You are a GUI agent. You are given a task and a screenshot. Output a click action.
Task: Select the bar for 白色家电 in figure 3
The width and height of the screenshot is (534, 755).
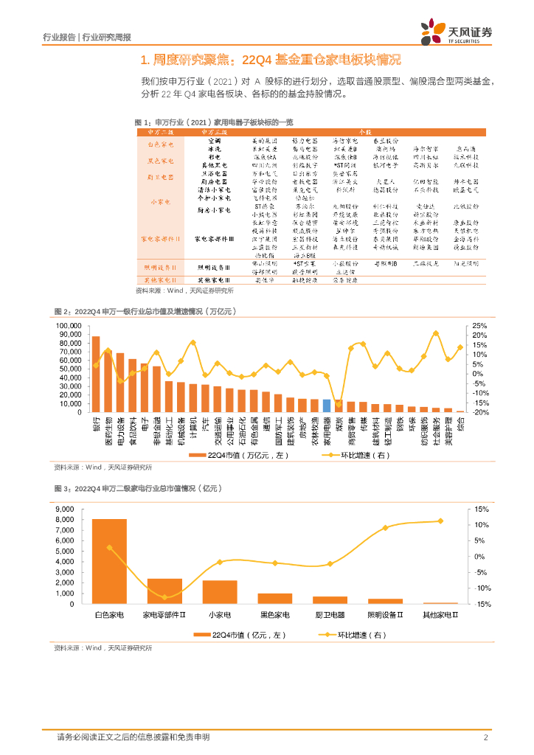pyautogui.click(x=109, y=561)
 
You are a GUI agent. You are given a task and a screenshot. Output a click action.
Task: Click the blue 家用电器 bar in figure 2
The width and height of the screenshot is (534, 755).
pyautogui.click(x=327, y=406)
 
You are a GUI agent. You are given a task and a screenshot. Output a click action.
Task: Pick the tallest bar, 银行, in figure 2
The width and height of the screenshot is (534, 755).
pyautogui.click(x=96, y=374)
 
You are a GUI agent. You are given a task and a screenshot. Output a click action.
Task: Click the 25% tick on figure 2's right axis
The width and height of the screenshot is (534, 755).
pyautogui.click(x=479, y=325)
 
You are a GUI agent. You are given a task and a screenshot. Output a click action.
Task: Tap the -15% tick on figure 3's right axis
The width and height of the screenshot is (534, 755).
pyautogui.click(x=479, y=605)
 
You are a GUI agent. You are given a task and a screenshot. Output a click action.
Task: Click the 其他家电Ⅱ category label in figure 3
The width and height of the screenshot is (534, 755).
pyautogui.click(x=440, y=615)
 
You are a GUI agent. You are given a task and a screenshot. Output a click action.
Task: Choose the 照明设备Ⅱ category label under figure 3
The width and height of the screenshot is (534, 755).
pyautogui.click(x=385, y=615)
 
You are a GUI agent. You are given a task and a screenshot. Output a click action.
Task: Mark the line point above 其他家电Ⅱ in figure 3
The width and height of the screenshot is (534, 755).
pyautogui.click(x=441, y=521)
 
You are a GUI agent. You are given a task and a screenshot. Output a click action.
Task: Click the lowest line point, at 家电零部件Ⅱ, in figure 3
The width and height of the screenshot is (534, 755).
pyautogui.click(x=164, y=597)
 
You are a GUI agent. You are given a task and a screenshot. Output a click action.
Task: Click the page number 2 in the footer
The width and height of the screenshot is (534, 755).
pyautogui.click(x=486, y=737)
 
